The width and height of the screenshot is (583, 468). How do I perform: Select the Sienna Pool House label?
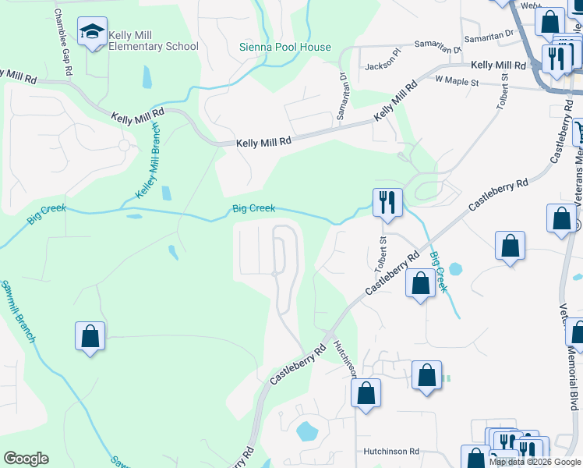284,47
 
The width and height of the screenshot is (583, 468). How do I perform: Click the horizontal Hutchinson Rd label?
391,451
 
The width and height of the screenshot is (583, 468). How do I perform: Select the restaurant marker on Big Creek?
387,203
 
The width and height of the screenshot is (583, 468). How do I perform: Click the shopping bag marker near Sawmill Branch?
90,336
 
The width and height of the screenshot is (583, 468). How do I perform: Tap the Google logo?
26,459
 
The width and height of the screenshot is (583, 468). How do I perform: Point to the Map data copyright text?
535,462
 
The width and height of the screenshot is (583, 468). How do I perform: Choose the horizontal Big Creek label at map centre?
253,208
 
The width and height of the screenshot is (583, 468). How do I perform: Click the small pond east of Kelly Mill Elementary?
147,77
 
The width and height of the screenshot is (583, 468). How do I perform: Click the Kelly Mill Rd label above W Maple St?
499,65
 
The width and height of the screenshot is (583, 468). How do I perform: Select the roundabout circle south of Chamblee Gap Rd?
123,145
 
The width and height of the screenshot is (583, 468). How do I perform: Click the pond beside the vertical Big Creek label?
455,269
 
